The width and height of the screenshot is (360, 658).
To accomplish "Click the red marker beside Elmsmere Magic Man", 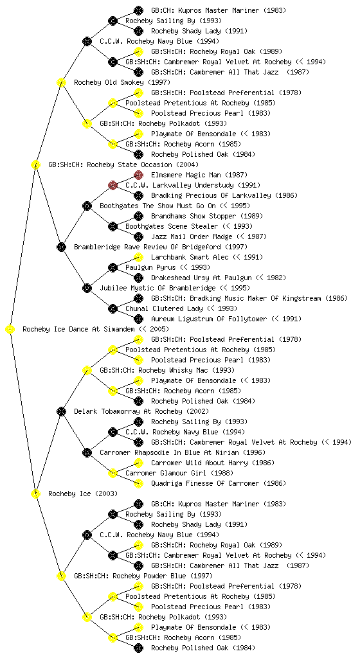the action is click(x=138, y=175).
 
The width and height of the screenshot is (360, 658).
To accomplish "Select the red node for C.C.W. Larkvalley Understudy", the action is click(x=113, y=185).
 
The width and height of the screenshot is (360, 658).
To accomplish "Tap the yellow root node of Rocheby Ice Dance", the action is click(x=10, y=329).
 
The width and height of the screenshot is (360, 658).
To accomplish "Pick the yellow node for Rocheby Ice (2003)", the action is click(x=35, y=493).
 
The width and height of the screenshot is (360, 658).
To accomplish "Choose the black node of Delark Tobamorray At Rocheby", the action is click(x=61, y=411).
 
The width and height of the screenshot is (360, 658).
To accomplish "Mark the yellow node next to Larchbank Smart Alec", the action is click(x=138, y=257).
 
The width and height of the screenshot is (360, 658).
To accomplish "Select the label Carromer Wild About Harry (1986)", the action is click(x=213, y=463).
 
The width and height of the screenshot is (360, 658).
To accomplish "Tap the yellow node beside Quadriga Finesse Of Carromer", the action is click(x=138, y=483).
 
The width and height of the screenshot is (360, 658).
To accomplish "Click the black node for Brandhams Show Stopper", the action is click(x=138, y=216).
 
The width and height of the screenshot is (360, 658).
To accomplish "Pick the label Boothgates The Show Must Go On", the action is click(x=157, y=206).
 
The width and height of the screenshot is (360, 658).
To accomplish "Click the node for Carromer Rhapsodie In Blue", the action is click(x=87, y=452).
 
